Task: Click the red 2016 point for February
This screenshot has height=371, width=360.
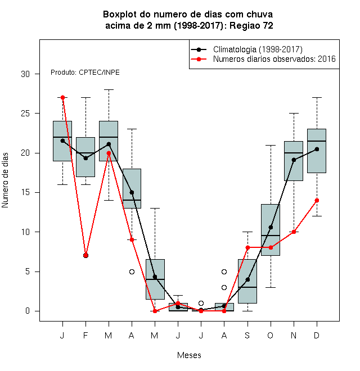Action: pyautogui.click(x=85, y=256)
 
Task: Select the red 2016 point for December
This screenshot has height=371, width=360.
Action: pyautogui.click(x=317, y=201)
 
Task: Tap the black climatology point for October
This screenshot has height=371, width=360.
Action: pyautogui.click(x=271, y=228)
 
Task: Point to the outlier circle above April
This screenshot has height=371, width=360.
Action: pyautogui.click(x=132, y=272)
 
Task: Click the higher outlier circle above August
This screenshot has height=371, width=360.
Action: pyautogui.click(x=224, y=272)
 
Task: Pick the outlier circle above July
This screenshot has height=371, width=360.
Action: pyautogui.click(x=201, y=303)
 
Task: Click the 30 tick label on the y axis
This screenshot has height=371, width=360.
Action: pyautogui.click(x=25, y=74)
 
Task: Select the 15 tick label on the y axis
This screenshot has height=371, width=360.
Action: pyautogui.click(x=25, y=192)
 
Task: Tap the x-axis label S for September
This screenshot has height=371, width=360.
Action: pyautogui.click(x=247, y=335)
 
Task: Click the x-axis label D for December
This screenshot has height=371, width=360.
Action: pyautogui.click(x=317, y=335)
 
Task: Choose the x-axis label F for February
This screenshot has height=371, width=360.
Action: pyautogui.click(x=85, y=335)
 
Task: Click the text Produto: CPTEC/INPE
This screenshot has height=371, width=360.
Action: pyautogui.click(x=85, y=73)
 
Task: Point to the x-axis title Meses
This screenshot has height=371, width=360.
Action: pyautogui.click(x=189, y=355)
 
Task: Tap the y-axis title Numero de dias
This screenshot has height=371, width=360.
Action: pyautogui.click(x=5, y=180)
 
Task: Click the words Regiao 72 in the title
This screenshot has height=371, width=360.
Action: pyautogui.click(x=251, y=25)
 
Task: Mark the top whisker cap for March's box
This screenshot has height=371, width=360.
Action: pyautogui.click(x=109, y=90)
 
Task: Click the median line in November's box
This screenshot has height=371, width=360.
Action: pyautogui.click(x=294, y=153)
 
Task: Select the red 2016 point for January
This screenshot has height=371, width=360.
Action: pyautogui.click(x=62, y=97)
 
